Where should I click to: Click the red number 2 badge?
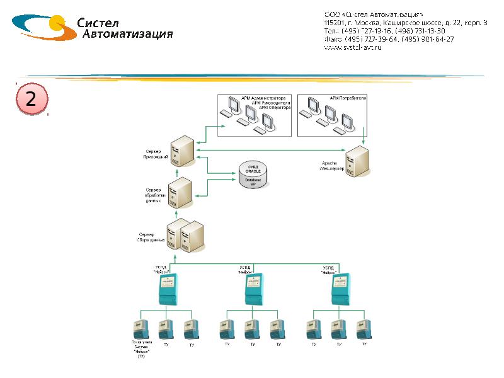pos(30,100)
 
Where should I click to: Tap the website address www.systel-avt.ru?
pos(353,48)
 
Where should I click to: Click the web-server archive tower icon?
pos(357,163)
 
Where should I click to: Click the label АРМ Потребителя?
pos(348,99)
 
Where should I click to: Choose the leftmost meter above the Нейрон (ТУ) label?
pos(140,329)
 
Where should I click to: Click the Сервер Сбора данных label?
pos(151,238)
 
